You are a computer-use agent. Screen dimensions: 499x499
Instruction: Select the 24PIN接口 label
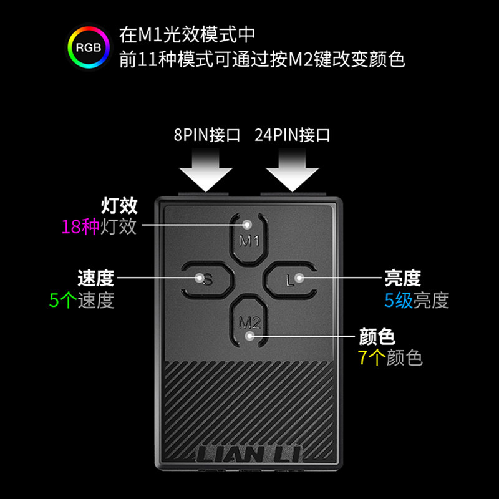pyautogui.click(x=292, y=135)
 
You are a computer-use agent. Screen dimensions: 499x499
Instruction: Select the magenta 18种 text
pyautogui.click(x=80, y=226)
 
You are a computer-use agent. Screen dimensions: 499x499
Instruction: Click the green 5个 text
pyautogui.click(x=62, y=300)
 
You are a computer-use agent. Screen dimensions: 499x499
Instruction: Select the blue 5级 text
pyautogui.click(x=398, y=300)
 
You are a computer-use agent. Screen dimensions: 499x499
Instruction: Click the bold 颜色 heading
pyautogui.click(x=377, y=337)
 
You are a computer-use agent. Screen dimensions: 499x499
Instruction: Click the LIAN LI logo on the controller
pyautogui.click(x=249, y=453)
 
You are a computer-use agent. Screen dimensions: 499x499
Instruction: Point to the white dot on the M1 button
pyautogui.click(x=248, y=224)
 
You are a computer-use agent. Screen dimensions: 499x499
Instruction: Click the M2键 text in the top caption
pyautogui.click(x=323, y=59)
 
